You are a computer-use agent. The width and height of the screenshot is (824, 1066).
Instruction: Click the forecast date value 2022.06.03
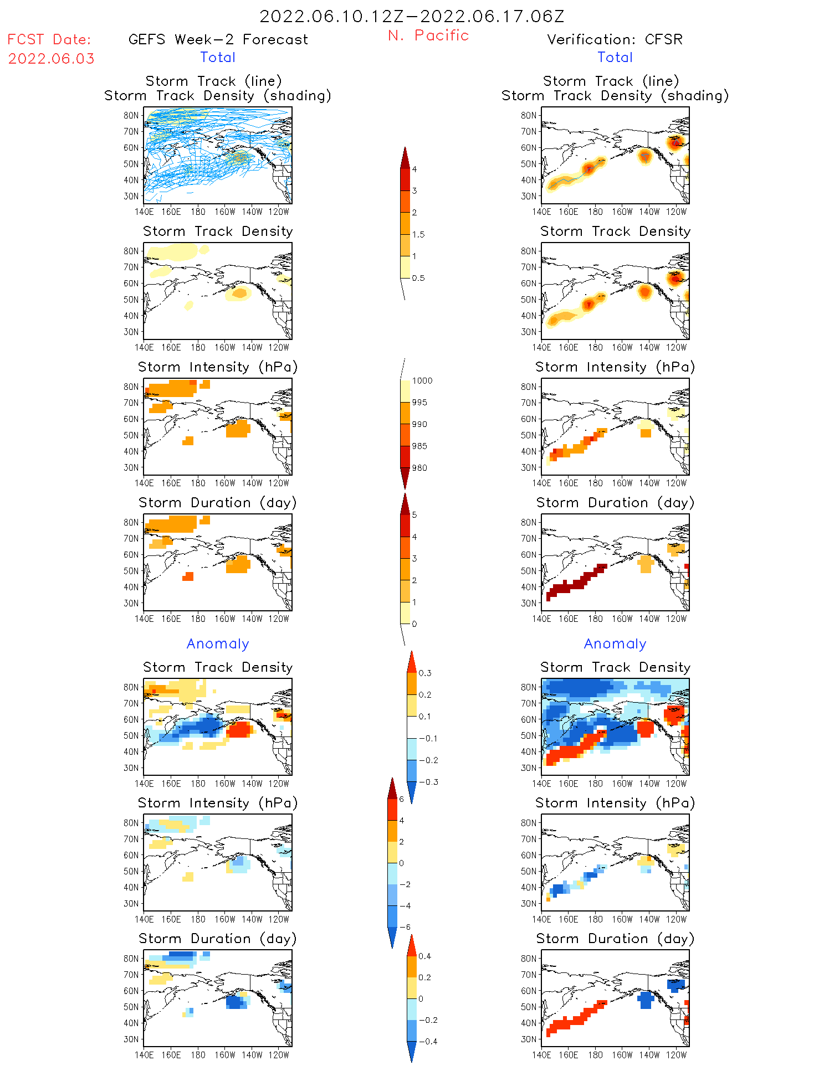tap(51, 59)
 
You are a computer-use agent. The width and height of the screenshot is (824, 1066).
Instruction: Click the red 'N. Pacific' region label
tap(428, 35)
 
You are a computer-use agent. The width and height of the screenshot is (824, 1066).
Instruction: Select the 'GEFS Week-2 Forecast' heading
tap(218, 39)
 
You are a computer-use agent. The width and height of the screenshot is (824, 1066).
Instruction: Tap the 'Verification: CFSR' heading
tap(615, 39)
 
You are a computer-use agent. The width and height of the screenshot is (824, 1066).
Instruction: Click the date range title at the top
tap(412, 16)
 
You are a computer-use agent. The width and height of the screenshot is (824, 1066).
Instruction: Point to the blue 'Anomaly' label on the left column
tap(218, 643)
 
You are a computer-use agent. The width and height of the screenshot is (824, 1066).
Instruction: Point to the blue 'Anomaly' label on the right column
tap(615, 643)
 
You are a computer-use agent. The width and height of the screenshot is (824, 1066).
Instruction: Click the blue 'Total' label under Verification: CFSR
tap(615, 57)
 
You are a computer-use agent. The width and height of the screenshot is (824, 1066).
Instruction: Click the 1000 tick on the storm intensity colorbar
tap(422, 380)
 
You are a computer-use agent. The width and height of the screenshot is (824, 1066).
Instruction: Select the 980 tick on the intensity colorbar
tap(419, 468)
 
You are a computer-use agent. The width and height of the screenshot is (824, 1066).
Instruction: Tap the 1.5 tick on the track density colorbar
tap(418, 234)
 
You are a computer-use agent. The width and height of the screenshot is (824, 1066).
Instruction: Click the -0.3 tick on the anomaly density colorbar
tap(428, 782)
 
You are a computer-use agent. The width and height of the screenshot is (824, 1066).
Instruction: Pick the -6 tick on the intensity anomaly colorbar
tap(405, 927)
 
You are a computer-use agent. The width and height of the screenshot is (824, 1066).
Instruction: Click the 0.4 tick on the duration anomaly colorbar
tap(424, 956)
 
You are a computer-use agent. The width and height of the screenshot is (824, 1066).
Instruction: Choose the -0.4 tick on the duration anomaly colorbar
tap(427, 1041)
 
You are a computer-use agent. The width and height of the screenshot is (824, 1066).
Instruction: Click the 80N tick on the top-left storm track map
tap(131, 115)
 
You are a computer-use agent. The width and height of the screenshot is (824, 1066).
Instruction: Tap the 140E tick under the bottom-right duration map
tap(541, 1055)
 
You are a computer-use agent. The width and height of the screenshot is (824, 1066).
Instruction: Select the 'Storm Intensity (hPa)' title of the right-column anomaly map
tap(615, 803)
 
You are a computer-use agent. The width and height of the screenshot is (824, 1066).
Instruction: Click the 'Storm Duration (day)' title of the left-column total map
tap(218, 502)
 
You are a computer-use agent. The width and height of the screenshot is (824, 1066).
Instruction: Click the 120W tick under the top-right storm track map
tap(676, 212)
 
